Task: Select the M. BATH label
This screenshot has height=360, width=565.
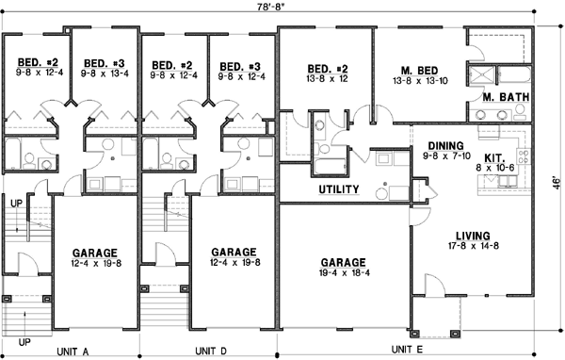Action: point(502,97)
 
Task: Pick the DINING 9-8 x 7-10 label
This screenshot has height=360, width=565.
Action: point(446,150)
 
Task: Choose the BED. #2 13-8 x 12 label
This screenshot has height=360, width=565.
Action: point(329,74)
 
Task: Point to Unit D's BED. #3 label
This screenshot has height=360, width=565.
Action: point(239,71)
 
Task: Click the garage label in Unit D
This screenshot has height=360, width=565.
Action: point(234,257)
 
